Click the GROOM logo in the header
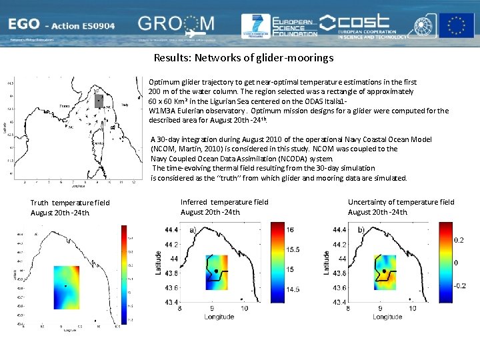(177, 25)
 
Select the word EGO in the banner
(23, 25)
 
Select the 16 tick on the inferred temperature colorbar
(290, 229)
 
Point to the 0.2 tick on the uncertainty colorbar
(459, 239)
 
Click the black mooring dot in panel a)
(217, 271)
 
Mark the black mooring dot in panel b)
(385, 271)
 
